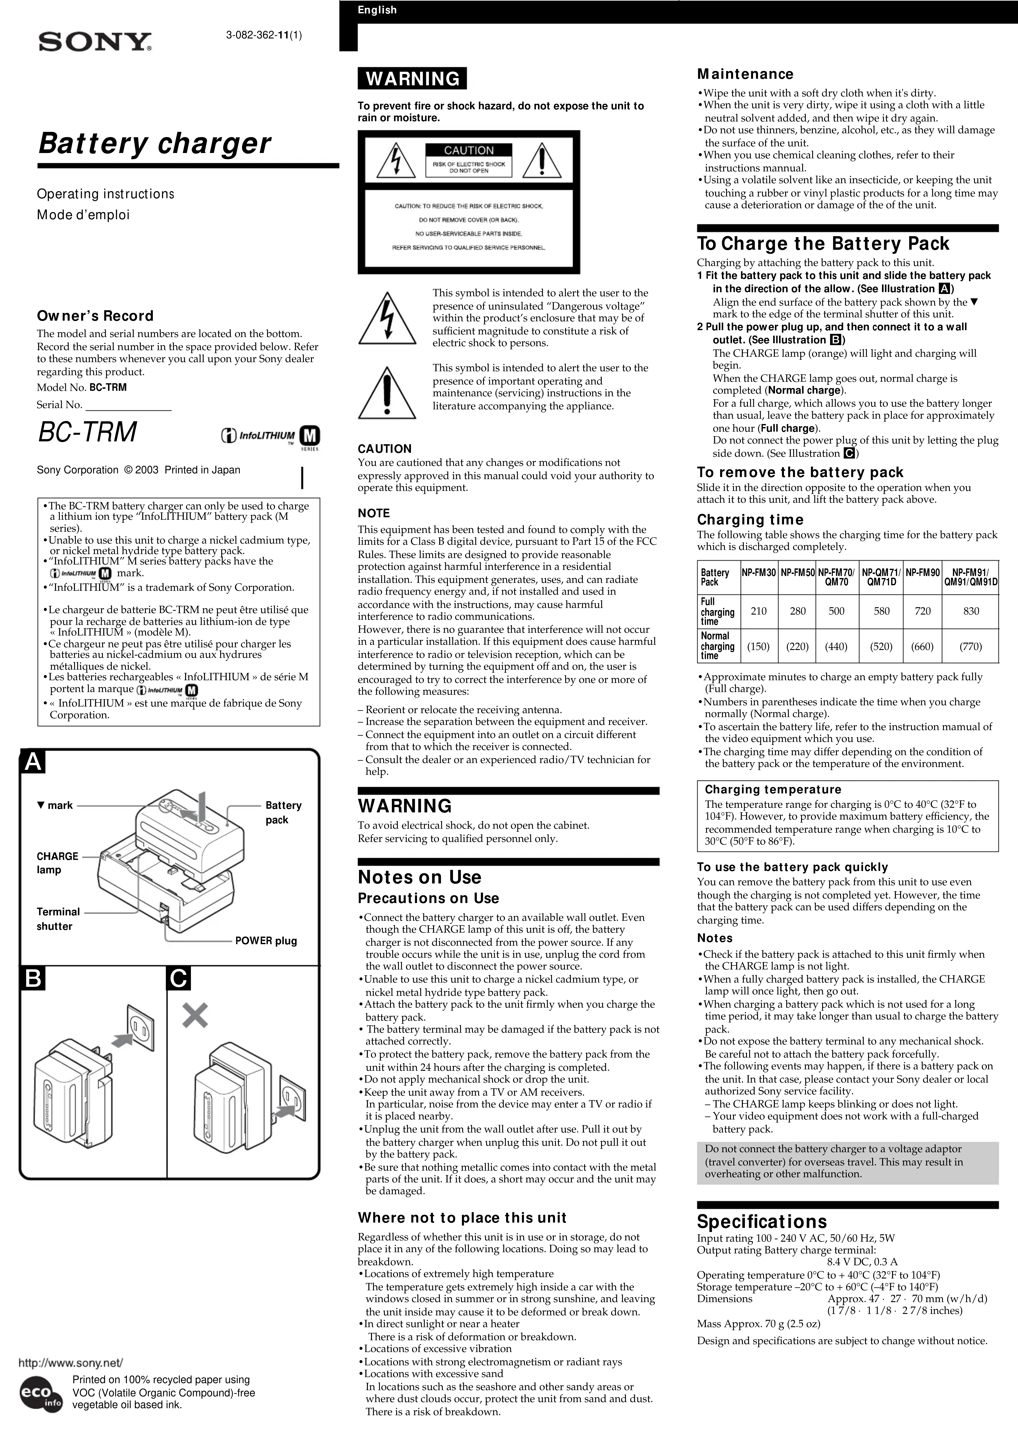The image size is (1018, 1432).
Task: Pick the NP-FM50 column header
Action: pos(797,573)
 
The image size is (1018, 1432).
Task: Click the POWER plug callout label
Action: pos(266,941)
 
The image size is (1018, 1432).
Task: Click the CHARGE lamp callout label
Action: pos(57,863)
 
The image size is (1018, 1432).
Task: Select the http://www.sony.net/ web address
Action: pos(71,1363)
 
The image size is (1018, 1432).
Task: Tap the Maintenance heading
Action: pos(745,74)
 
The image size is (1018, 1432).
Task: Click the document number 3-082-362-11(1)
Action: pos(264,35)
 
